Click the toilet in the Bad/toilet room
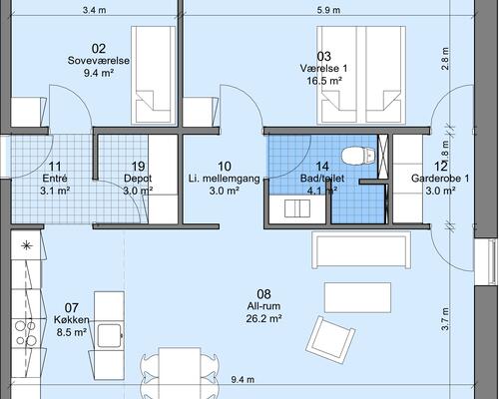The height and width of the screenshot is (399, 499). click(x=358, y=156)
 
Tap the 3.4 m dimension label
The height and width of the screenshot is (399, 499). click(x=95, y=10)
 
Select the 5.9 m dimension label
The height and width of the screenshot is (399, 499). click(x=328, y=10)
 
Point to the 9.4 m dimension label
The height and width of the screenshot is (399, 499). click(x=243, y=379)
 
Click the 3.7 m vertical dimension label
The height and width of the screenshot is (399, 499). click(x=445, y=319)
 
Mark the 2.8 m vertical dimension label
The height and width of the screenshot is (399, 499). click(x=445, y=59)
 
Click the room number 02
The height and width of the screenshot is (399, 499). click(x=99, y=49)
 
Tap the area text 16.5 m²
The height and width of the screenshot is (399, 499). click(x=324, y=81)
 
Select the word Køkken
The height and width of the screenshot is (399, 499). click(x=72, y=320)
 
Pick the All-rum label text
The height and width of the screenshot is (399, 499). click(x=263, y=306)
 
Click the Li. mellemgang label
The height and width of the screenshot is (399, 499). click(x=225, y=179)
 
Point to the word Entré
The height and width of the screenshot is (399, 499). click(x=55, y=179)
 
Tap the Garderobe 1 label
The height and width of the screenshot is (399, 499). click(x=440, y=179)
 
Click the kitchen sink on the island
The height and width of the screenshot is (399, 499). click(x=110, y=336)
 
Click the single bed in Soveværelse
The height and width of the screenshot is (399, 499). click(x=154, y=76)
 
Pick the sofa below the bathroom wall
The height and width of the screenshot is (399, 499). click(x=361, y=249)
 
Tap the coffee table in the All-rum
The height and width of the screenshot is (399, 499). click(x=357, y=297)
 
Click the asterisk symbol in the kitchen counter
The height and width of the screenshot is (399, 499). click(x=26, y=246)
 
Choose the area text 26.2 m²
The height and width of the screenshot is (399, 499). click(x=263, y=319)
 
